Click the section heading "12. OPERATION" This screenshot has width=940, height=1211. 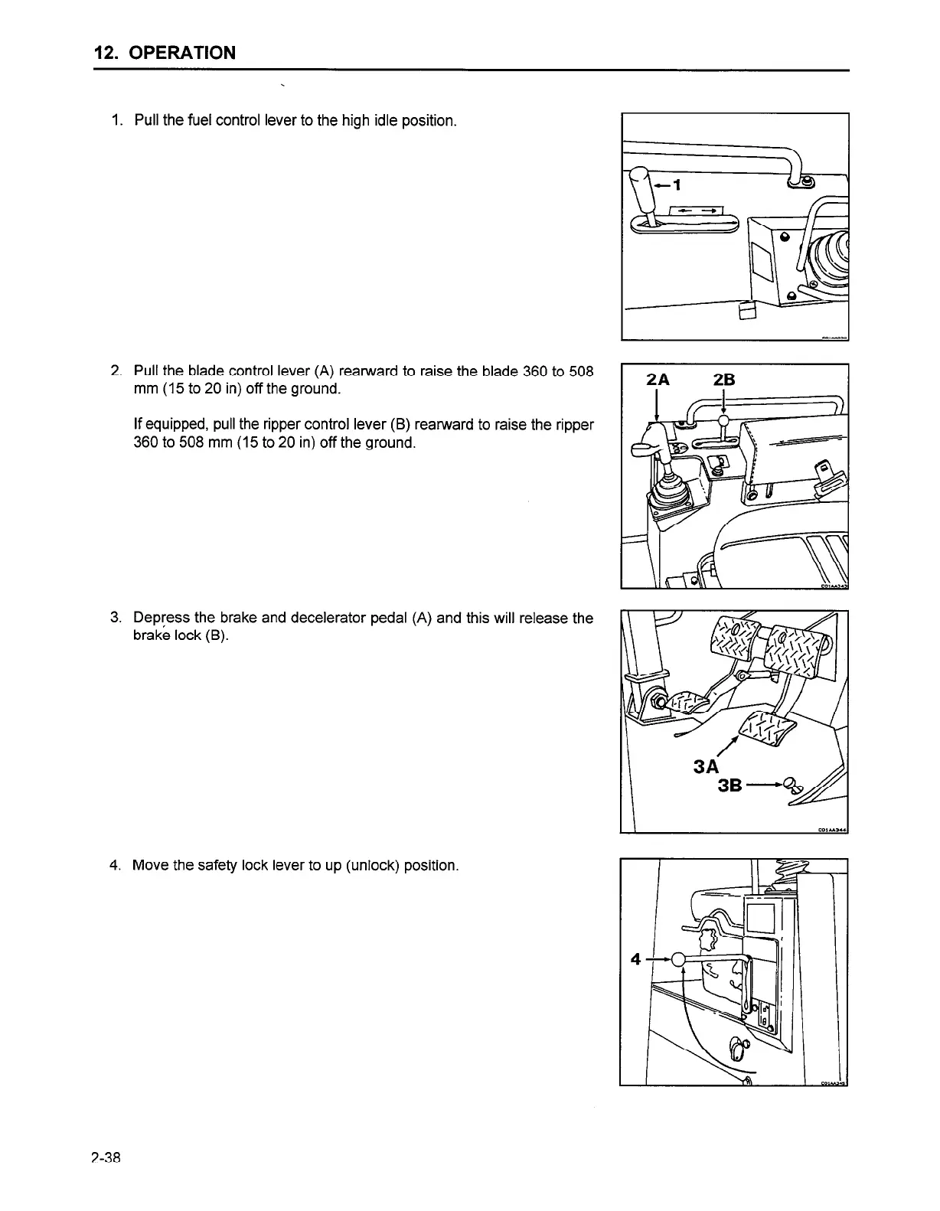pos(164,53)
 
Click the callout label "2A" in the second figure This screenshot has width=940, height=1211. pos(658,380)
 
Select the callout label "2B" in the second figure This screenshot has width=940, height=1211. pos(723,380)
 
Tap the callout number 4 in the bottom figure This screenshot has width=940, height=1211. pos(635,958)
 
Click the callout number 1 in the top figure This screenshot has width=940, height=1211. pos(676,184)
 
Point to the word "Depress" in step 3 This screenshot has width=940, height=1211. pos(159,618)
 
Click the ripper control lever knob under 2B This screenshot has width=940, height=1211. pos(723,419)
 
